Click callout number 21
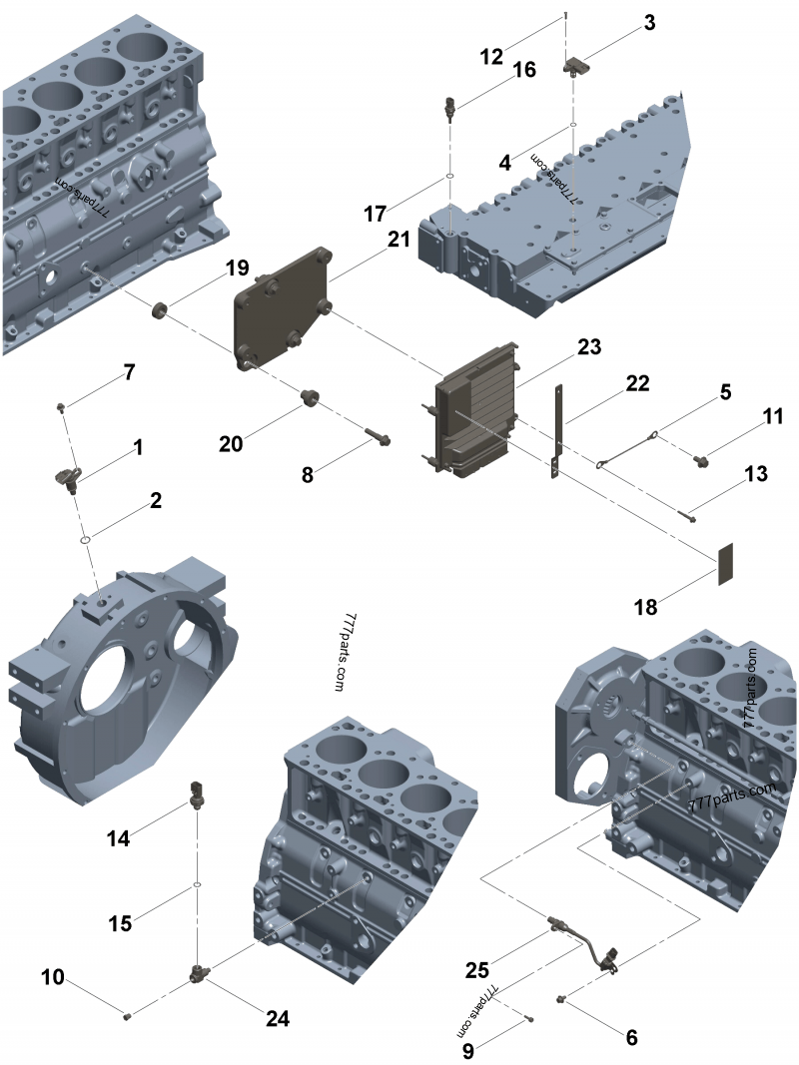point(399,240)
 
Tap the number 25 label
point(477,969)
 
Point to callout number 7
point(129,373)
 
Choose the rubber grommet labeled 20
point(309,400)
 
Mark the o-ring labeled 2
point(87,540)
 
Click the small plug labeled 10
point(128,1016)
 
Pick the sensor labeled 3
point(575,66)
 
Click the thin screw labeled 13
point(688,515)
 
